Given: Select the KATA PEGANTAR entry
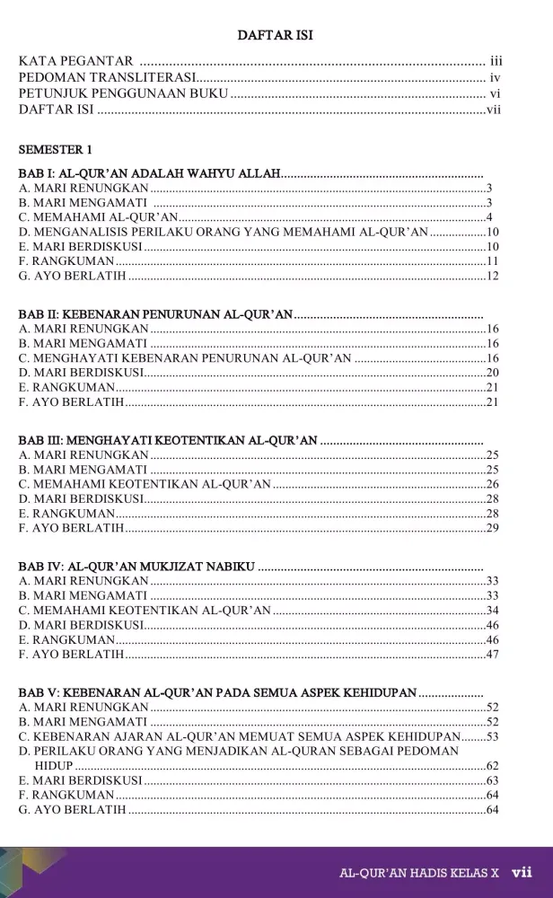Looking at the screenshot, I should click(x=76, y=60).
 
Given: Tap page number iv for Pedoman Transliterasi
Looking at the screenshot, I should click(x=494, y=77).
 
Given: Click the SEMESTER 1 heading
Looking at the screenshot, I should click(x=56, y=149).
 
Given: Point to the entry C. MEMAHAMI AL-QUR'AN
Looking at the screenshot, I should click(x=98, y=217).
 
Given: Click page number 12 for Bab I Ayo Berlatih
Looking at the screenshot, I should click(x=492, y=276).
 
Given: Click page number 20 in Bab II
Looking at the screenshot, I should click(x=492, y=372).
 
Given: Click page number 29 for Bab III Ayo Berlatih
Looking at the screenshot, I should click(x=492, y=527).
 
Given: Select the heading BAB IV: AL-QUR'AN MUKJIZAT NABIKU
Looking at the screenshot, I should click(x=137, y=567).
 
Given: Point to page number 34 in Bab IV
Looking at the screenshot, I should click(x=492, y=610).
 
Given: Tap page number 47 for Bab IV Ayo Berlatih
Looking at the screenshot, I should click(x=492, y=654).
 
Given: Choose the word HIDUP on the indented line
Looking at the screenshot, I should click(x=53, y=765).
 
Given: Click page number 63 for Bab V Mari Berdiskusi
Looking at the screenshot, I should click(x=492, y=780).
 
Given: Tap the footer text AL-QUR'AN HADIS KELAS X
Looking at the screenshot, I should click(x=418, y=873).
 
